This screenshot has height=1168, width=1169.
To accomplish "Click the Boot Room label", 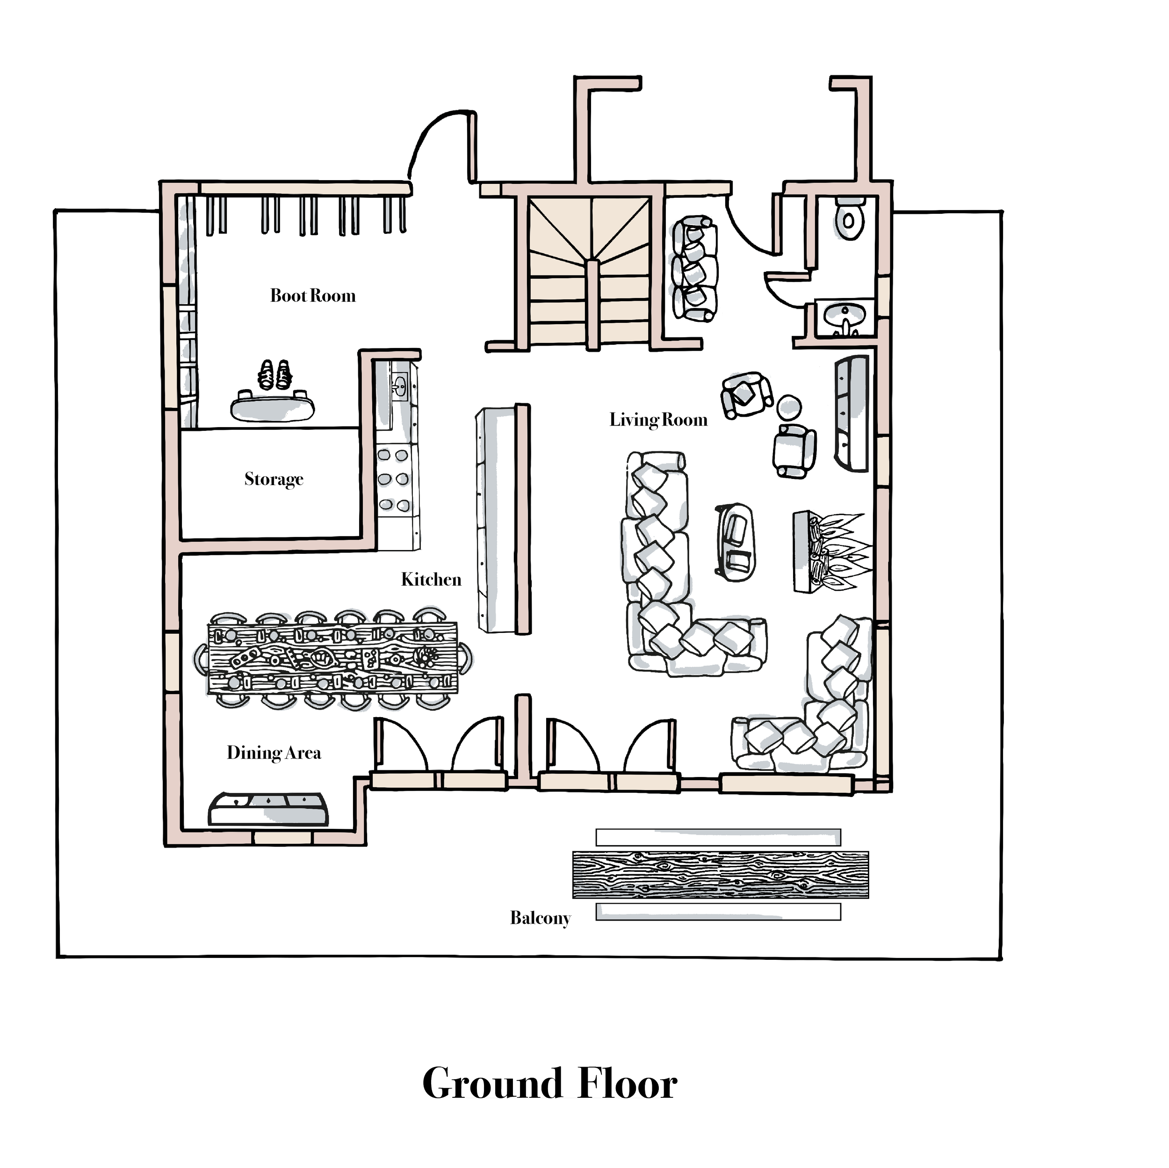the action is [312, 296].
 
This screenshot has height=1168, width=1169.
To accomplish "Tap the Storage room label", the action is [274, 479].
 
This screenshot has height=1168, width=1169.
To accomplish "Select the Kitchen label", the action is [431, 580].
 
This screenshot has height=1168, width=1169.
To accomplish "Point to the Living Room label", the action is [658, 420].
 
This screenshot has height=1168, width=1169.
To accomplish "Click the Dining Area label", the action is [274, 753].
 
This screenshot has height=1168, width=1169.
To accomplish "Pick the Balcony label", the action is [540, 918].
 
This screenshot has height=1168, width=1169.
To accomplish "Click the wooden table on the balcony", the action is [720, 875].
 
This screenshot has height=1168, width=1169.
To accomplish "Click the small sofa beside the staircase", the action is [695, 268].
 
